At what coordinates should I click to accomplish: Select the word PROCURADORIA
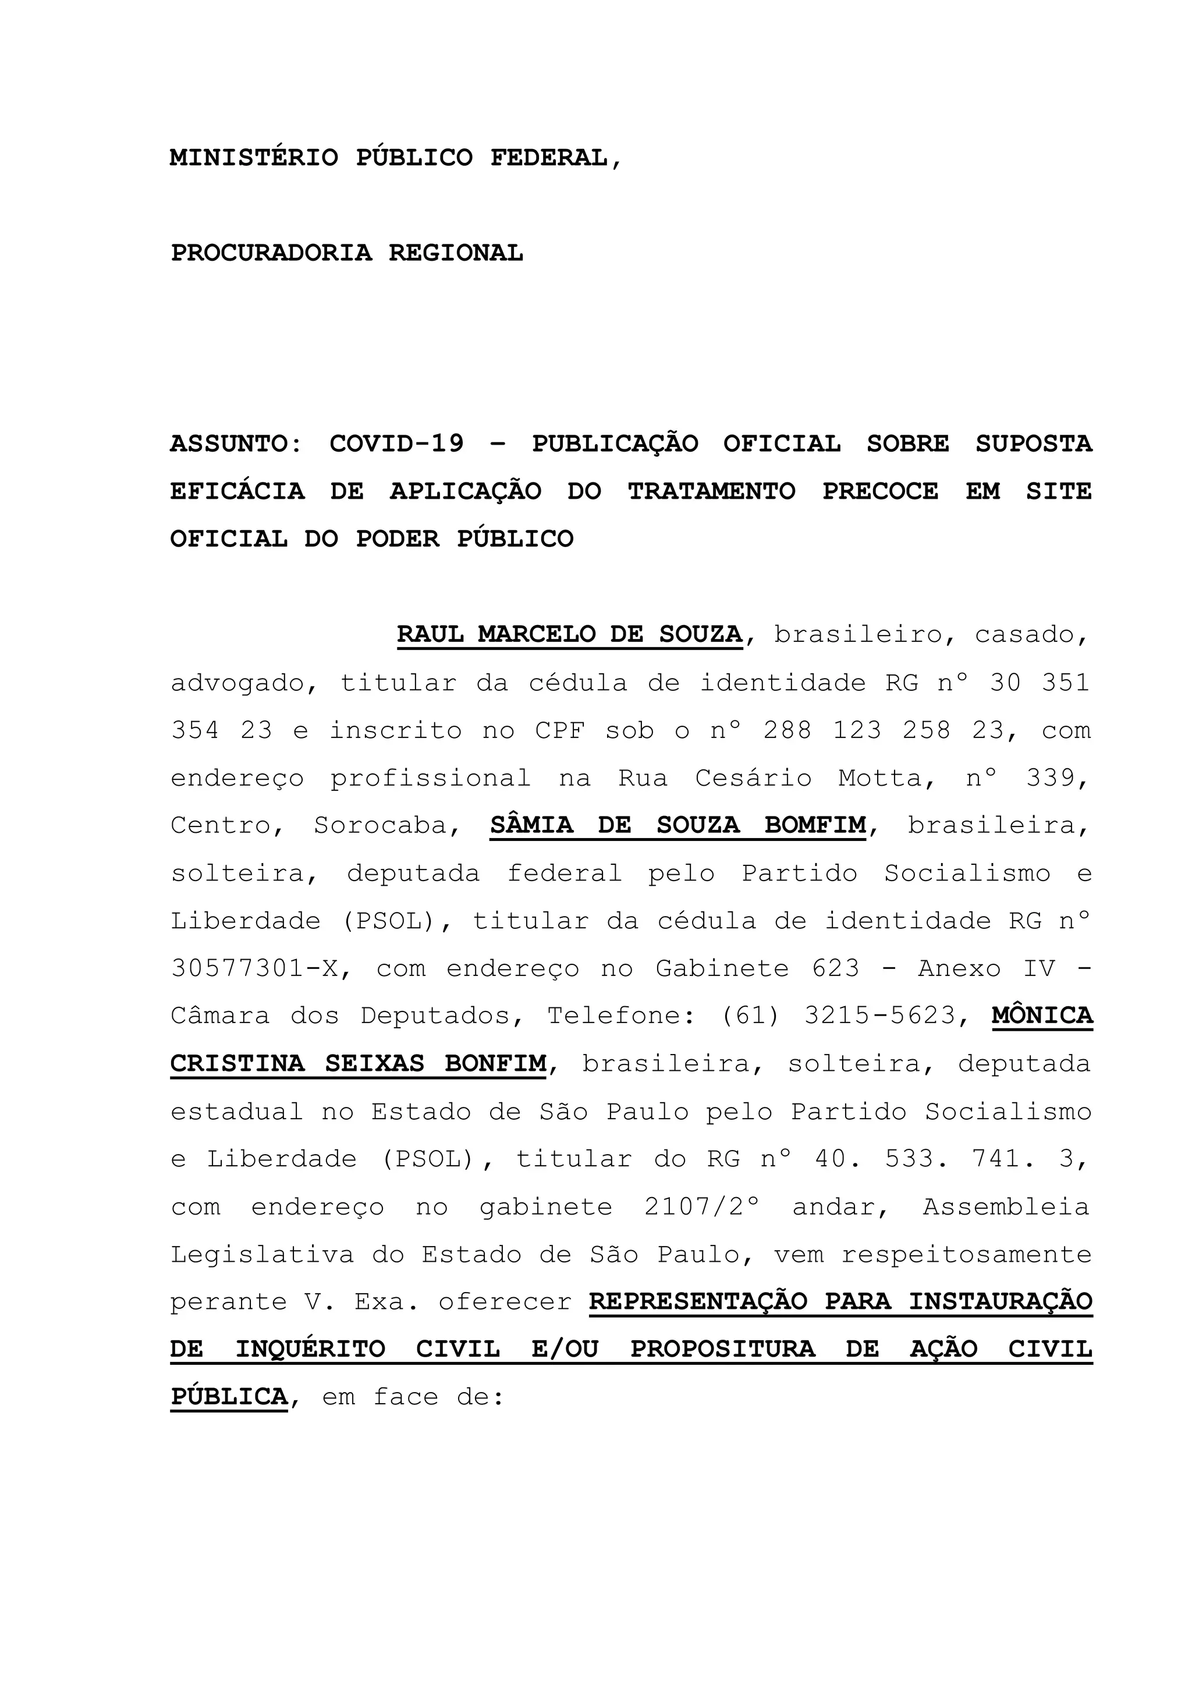271,253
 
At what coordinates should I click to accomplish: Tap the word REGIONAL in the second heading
455,253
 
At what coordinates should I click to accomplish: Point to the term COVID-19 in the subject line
396,443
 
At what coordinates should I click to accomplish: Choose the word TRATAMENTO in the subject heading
711,491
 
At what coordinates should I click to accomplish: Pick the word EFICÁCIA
237,491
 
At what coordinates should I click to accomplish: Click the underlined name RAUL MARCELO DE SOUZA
569,634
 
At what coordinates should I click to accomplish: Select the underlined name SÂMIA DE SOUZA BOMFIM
677,825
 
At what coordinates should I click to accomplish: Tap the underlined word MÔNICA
1041,1016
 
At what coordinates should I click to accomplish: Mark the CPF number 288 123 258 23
884,730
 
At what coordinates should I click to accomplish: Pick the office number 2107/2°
701,1206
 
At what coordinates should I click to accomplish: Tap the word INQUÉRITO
310,1349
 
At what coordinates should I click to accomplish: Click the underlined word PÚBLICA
229,1397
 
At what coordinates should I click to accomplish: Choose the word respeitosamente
966,1254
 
